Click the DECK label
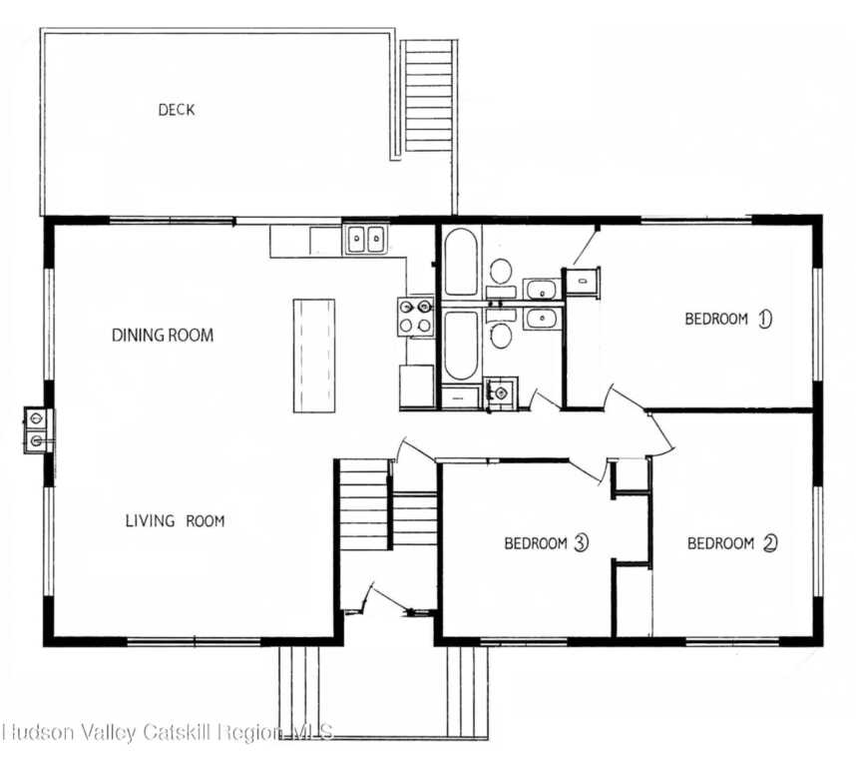(176, 110)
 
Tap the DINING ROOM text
(163, 335)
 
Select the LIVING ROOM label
(175, 520)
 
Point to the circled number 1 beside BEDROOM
(765, 318)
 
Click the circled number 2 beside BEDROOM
(770, 543)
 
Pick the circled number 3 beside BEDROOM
(581, 543)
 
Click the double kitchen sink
(366, 239)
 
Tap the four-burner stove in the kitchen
(415, 317)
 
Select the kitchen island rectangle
(314, 356)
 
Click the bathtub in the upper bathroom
(461, 263)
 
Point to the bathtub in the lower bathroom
(461, 346)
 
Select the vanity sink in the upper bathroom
(542, 289)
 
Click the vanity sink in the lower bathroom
(542, 318)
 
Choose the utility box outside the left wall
(37, 430)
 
